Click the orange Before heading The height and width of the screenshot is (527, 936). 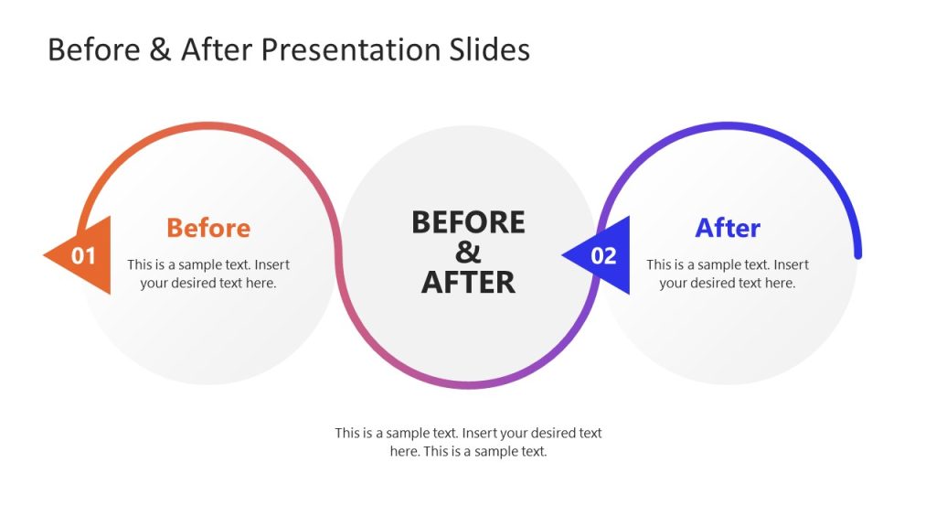207,228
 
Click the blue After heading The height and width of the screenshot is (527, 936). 727,228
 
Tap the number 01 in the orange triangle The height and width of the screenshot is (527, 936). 84,256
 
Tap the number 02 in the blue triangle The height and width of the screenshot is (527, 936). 603,256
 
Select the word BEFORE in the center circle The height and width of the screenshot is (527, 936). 468,222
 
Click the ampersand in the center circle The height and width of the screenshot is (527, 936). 468,252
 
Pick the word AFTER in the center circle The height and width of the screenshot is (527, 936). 468,282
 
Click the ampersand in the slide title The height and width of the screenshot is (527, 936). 160,49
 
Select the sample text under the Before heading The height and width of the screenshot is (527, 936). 208,274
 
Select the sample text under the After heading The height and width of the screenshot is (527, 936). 728,274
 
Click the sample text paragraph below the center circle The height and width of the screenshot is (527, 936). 468,442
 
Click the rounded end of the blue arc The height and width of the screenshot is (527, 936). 857,253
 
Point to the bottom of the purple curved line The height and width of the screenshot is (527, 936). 468,384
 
